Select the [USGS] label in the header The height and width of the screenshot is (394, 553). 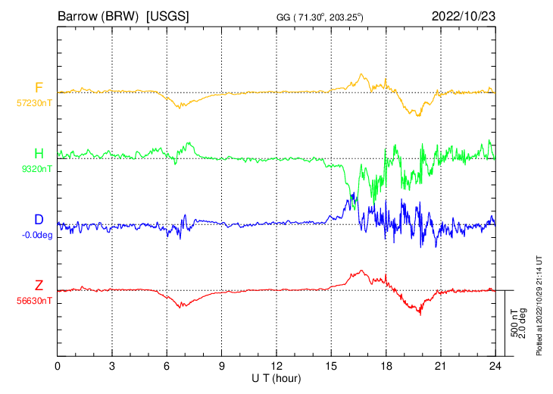point(168,15)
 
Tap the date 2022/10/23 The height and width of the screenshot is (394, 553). point(463,15)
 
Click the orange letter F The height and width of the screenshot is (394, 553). point(39,88)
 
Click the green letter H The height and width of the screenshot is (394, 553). point(39,155)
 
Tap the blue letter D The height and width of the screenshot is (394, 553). point(39,220)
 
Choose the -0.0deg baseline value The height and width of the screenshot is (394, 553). point(36,235)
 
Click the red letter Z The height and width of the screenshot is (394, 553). point(39,286)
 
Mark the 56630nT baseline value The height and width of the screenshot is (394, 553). point(34,301)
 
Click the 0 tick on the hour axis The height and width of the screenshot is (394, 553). point(58,366)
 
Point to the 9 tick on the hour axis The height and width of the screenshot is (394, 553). point(222,366)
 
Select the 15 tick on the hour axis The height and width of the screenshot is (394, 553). point(331,366)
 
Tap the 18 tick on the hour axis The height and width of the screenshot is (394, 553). point(386,366)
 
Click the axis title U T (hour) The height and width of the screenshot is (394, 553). point(276,377)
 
